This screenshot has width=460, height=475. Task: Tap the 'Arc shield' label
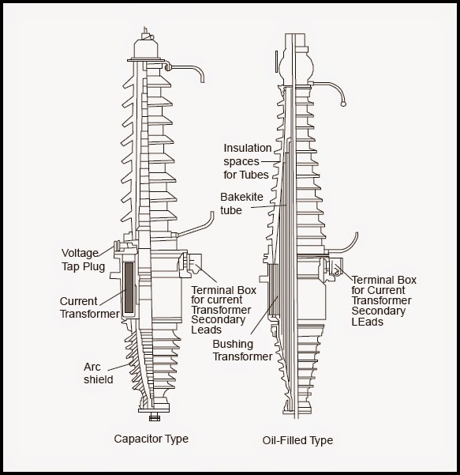(99, 373)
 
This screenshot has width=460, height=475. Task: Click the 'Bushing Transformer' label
(242, 349)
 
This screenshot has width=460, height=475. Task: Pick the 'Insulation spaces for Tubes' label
(247, 160)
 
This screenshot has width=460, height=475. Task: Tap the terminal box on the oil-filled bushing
(332, 269)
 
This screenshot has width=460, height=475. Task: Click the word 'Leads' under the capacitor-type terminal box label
(208, 331)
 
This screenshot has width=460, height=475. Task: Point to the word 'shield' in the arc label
(99, 379)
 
